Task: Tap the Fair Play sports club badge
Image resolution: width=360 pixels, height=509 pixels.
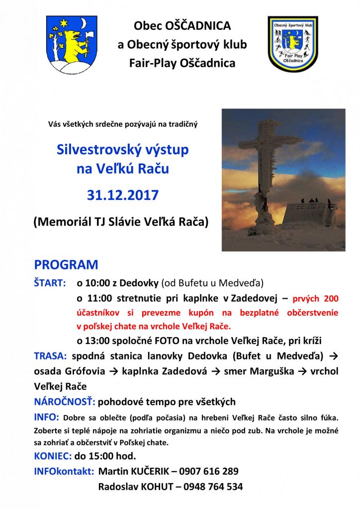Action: point(293,44)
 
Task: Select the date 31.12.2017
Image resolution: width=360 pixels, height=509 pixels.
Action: point(122,195)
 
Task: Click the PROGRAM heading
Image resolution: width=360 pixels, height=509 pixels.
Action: point(66,264)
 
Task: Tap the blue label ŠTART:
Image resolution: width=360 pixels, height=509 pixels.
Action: point(50,283)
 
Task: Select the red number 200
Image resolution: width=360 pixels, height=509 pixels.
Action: point(330,298)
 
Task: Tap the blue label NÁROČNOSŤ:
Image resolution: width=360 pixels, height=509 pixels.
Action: point(65,402)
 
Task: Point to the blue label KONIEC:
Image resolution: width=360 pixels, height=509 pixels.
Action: point(53,455)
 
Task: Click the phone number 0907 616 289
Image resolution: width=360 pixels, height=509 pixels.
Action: point(209,471)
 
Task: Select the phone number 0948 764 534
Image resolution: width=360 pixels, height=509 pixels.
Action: point(213,487)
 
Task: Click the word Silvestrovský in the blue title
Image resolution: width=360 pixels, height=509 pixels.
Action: point(105,149)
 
